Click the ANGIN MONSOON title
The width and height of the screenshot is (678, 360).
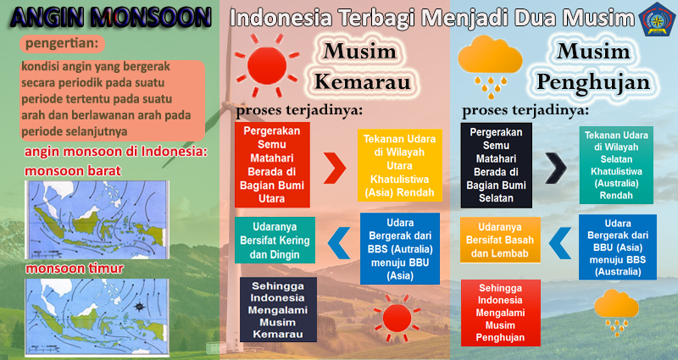[111, 18]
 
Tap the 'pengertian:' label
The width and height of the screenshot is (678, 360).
[62, 44]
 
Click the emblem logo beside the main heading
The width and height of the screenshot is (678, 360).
[658, 19]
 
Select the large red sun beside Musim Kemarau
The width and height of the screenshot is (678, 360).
[267, 66]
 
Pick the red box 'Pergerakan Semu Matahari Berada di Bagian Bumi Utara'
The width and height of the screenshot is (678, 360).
[272, 164]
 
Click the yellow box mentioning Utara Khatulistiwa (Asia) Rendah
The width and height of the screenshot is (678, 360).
[399, 165]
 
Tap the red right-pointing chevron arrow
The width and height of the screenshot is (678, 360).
[335, 168]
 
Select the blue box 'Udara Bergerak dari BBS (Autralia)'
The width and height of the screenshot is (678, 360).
[400, 249]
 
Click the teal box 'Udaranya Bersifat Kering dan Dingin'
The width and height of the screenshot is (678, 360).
[275, 241]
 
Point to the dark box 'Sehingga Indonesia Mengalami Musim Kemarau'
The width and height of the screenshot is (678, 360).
[278, 310]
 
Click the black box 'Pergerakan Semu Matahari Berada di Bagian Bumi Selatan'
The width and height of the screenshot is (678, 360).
[496, 165]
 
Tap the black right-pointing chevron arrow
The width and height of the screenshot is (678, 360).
[556, 168]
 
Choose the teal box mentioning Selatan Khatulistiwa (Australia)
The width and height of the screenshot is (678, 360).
[616, 165]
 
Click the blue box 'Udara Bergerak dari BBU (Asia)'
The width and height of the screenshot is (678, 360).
[618, 247]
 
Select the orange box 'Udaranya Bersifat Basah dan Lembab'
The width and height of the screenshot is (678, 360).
[500, 240]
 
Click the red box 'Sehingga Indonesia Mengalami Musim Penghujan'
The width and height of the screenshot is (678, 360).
[501, 313]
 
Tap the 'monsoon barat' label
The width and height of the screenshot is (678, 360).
[73, 171]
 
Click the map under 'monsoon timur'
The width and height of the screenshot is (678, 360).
[97, 317]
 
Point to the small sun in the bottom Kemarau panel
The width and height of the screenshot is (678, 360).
[397, 318]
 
